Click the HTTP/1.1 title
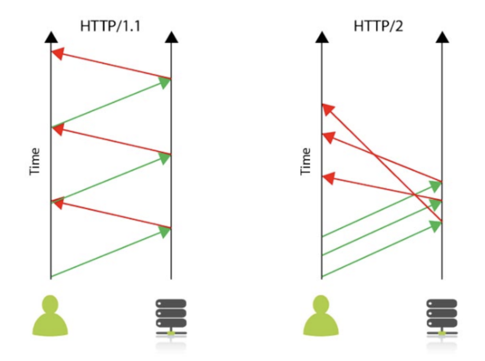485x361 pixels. coord(110,27)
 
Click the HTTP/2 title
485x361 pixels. coord(378,27)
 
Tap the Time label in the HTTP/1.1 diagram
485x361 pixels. coord(34,161)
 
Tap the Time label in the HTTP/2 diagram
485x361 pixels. coord(306,161)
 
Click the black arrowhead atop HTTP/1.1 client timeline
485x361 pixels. coord(51,37)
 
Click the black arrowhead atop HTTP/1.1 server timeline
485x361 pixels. coord(171,37)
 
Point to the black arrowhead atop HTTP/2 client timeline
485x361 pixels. coord(322,37)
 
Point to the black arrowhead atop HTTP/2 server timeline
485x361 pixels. coord(442,37)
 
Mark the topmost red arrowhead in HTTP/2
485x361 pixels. coord(328,109)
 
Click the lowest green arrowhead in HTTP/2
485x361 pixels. coord(435,226)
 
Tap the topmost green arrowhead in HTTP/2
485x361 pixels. coord(435,186)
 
